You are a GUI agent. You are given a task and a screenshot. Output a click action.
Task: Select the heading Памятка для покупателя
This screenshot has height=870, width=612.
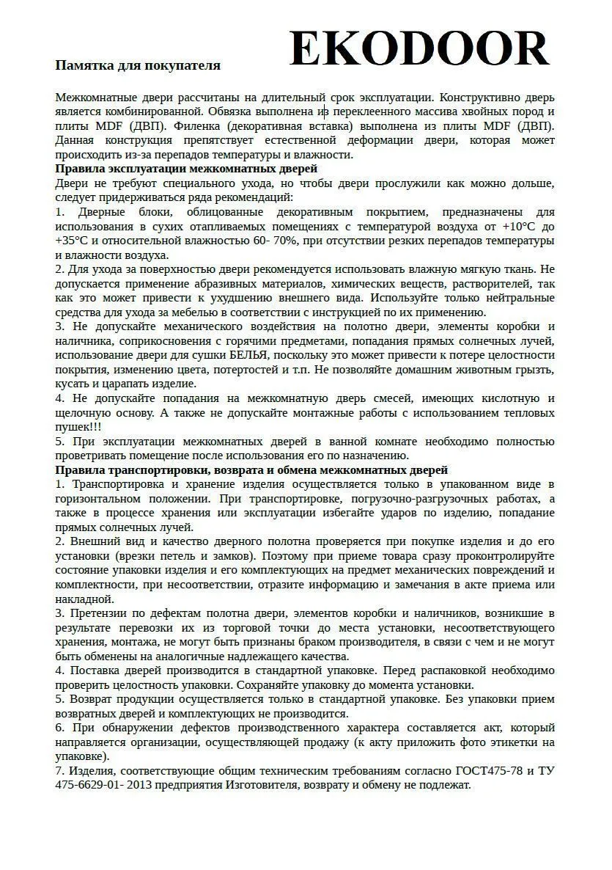coord(138,65)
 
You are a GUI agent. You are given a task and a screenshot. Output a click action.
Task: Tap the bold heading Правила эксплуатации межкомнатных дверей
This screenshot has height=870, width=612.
coord(186,169)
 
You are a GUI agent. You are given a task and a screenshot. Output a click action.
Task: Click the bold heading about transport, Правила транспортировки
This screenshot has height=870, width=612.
coord(251,469)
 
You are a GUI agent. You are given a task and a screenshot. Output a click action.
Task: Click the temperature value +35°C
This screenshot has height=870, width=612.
coord(72,241)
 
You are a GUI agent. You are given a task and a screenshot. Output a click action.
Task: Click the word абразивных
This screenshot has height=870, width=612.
coord(224,284)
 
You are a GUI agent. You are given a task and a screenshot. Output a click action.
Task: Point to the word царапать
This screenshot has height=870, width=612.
coord(136,384)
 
